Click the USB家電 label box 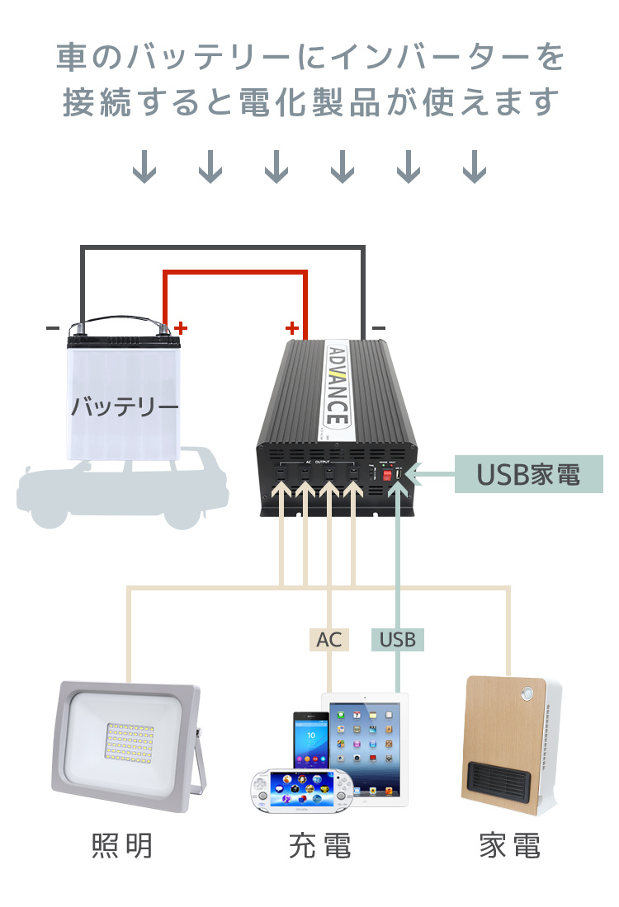click(x=528, y=475)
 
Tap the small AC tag click(x=328, y=640)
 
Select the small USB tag click(x=398, y=640)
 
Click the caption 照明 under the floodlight click(x=122, y=846)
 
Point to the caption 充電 click(x=320, y=846)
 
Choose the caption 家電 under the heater click(x=510, y=846)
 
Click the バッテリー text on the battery click(x=124, y=407)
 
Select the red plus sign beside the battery click(x=181, y=327)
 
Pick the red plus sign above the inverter click(x=291, y=327)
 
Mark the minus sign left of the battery click(x=53, y=328)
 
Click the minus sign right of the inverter click(x=378, y=328)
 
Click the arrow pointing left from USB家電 click(x=429, y=475)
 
